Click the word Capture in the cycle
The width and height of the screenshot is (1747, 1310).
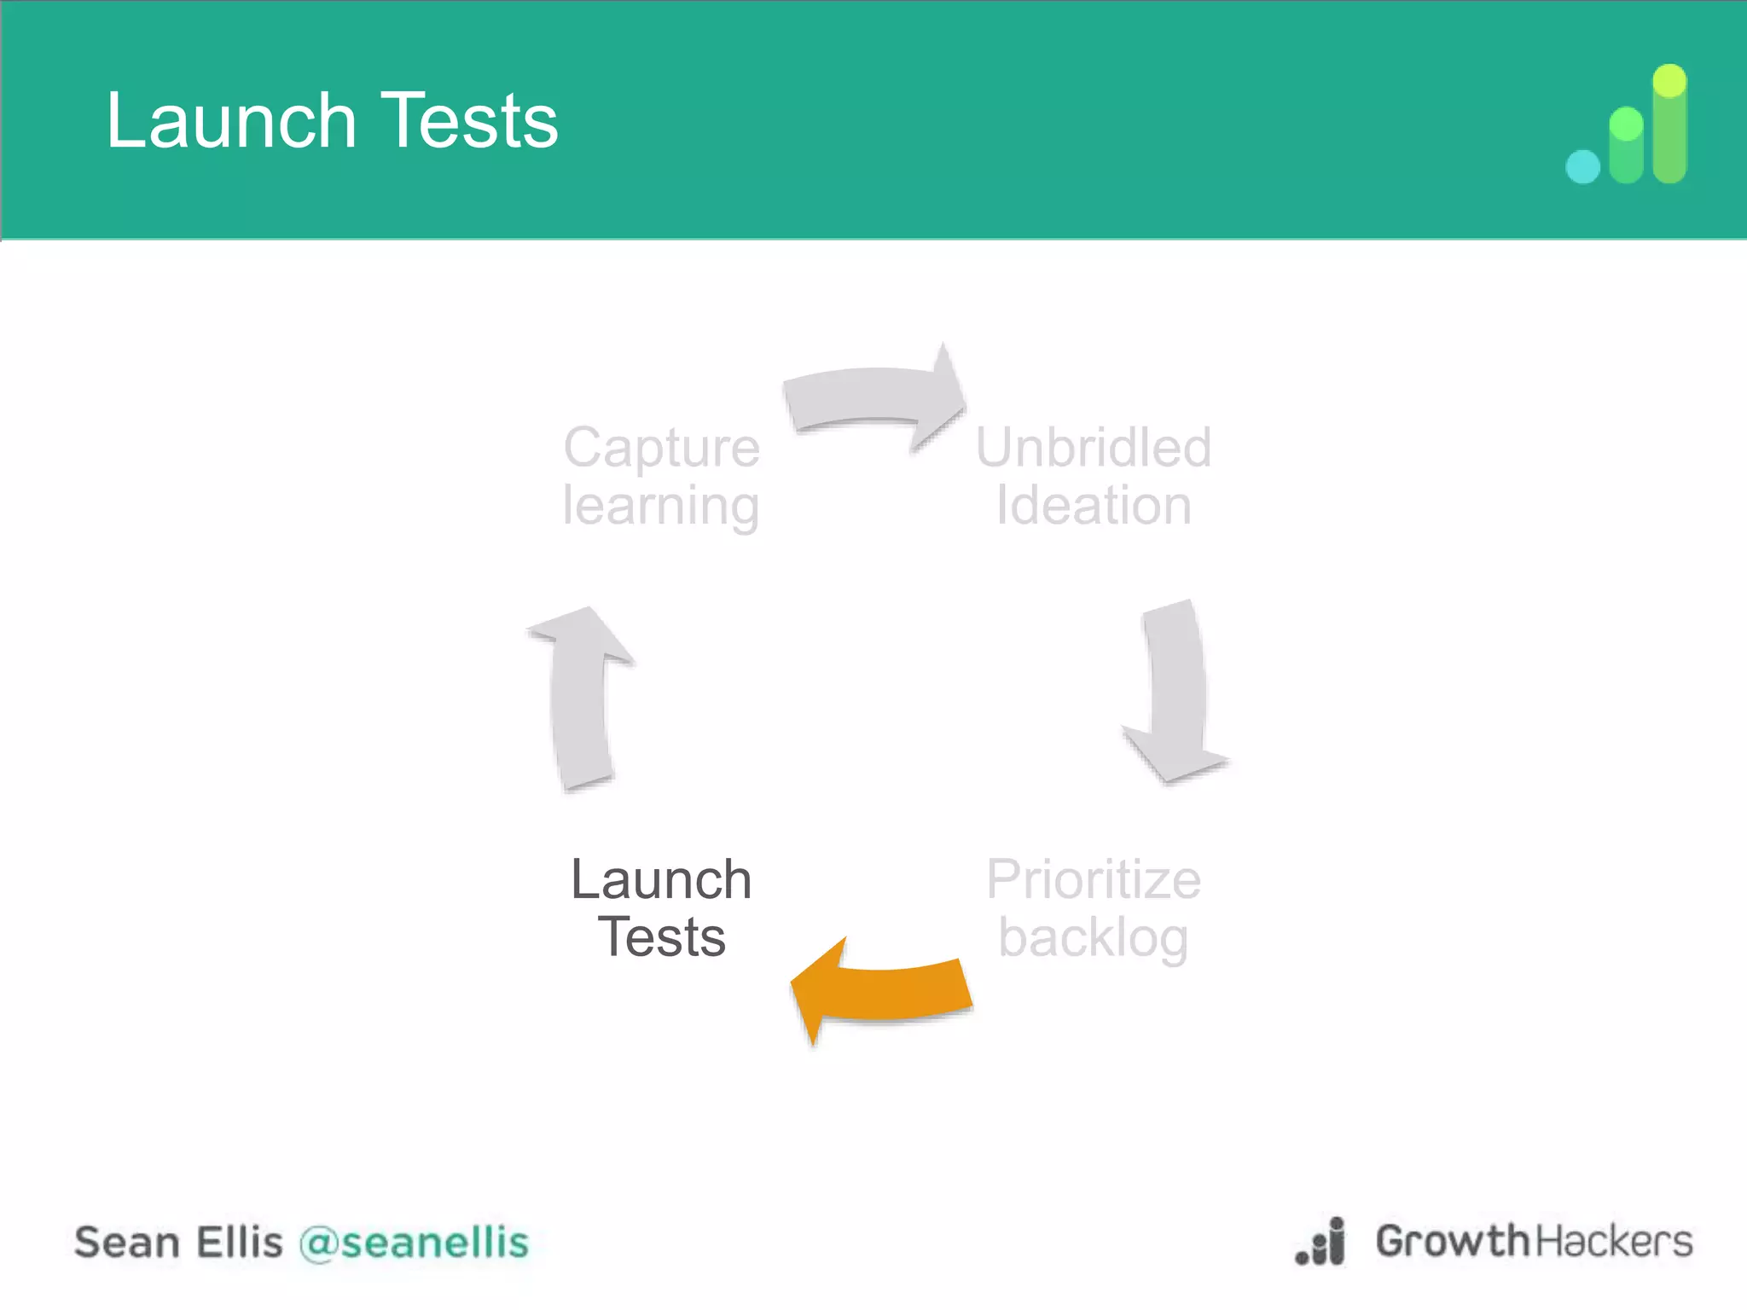point(661,447)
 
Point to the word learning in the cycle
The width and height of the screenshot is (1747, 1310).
point(661,506)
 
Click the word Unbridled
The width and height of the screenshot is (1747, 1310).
point(1093,447)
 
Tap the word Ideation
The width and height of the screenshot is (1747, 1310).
point(1093,506)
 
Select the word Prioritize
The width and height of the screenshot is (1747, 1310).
point(1093,879)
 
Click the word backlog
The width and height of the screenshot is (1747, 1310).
point(1093,938)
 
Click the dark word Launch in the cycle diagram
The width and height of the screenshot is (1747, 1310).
point(661,879)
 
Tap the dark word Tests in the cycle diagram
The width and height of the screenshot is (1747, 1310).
point(661,937)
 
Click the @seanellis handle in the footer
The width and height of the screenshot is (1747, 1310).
point(414,1242)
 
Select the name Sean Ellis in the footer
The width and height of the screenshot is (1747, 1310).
point(177,1242)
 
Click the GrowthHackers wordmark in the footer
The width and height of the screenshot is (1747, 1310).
point(1533,1241)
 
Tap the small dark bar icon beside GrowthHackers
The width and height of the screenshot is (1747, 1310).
point(1321,1243)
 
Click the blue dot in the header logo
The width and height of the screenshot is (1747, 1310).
point(1582,166)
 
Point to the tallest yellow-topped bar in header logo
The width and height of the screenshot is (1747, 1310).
point(1669,124)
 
